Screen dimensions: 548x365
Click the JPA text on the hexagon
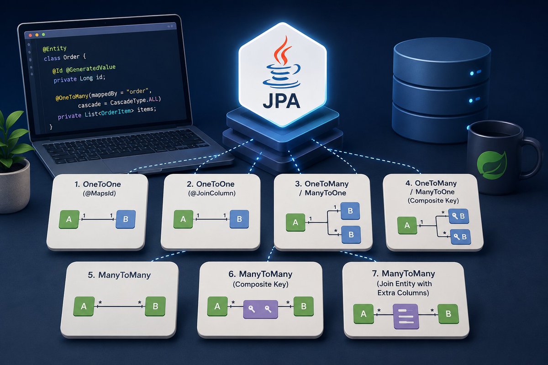tap(282, 101)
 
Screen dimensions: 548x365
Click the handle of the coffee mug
tap(532, 159)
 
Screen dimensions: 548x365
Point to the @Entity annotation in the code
tap(54, 48)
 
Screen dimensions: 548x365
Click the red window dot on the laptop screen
tap(30, 36)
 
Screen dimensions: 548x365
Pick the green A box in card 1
tap(69, 219)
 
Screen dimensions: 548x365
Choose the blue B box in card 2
tap(239, 219)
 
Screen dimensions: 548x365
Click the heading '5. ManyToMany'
tap(119, 275)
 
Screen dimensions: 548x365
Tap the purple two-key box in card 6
tap(261, 309)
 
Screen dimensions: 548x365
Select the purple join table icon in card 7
tap(406, 316)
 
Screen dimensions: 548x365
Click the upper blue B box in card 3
tap(350, 211)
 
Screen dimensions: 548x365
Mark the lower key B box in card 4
tap(461, 237)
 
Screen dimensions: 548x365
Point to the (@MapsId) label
tap(100, 193)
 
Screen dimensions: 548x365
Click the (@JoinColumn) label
tap(211, 193)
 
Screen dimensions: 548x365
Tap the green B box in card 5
tap(155, 306)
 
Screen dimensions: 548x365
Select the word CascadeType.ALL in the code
tap(136, 101)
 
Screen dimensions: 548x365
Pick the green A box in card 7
tap(364, 314)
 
